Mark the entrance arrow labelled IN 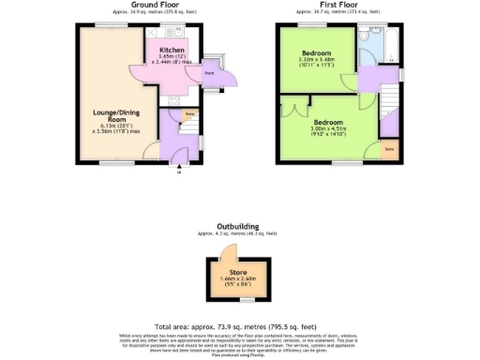coord(178,170)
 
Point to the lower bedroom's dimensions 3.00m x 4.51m coord(328,129)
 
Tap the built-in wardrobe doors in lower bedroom coord(297,110)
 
